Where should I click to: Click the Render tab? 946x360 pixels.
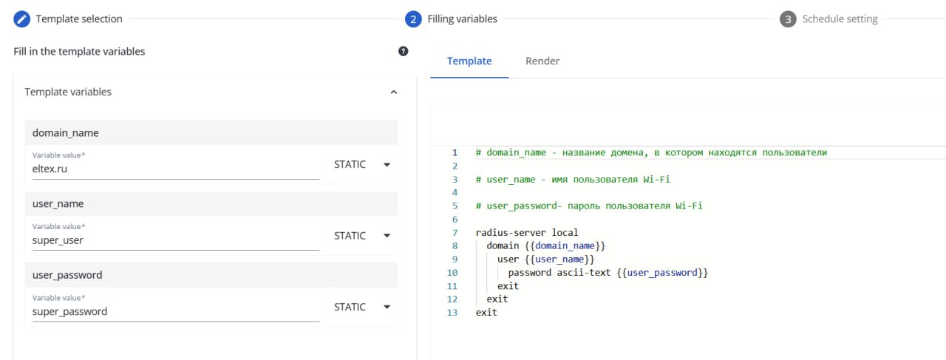coord(542,61)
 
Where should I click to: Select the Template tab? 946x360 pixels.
coord(469,61)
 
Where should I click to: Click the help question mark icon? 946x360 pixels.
coord(404,51)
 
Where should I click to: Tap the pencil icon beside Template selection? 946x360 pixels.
coord(22,19)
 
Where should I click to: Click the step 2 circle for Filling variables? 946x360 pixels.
coord(413,19)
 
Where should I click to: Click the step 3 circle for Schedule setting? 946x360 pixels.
coord(788,19)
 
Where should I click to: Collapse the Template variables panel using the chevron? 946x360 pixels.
coord(393,92)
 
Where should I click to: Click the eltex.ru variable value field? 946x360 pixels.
coord(175,169)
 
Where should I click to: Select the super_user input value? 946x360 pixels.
coord(175,240)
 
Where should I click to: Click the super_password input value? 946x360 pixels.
coord(175,311)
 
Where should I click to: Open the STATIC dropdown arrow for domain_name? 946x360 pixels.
coord(387,164)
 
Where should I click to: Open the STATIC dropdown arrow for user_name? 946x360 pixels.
coord(387,236)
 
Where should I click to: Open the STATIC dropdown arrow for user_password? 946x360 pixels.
coord(387,307)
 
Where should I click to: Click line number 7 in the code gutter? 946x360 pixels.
coord(455,233)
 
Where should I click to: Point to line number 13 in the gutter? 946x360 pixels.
coord(452,313)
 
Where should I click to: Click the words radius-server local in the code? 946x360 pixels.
coord(527,233)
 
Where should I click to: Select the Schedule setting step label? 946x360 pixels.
coord(840,19)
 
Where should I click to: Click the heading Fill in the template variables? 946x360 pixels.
coord(79,52)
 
